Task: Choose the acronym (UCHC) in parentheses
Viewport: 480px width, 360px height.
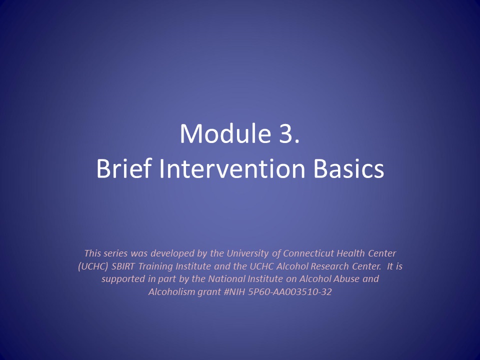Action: pyautogui.click(x=93, y=266)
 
